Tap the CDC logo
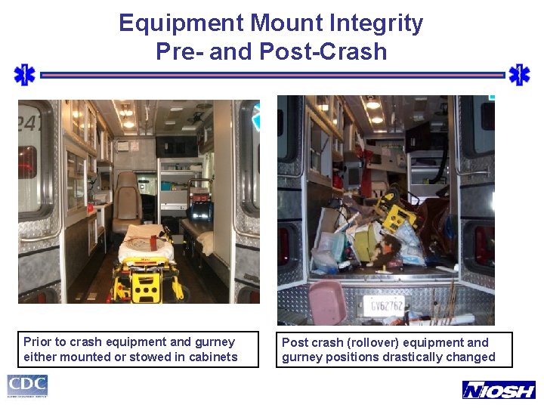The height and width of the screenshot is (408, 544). [x=28, y=386]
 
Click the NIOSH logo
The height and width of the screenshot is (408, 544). [x=498, y=390]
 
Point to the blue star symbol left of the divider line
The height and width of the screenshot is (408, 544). [x=25, y=75]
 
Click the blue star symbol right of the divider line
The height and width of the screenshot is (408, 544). [x=519, y=75]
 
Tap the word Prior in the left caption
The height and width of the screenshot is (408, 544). [x=37, y=342]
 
